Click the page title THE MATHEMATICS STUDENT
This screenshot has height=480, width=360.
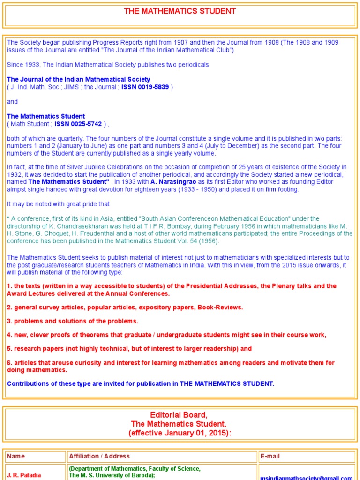180,11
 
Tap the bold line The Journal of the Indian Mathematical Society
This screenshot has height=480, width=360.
78,80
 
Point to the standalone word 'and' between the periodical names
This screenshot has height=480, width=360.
12,102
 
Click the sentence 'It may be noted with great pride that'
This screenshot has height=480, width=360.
58,204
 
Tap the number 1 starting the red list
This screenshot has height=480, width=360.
9,286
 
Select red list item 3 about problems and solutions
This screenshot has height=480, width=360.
73,321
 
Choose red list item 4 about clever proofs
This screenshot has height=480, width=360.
166,335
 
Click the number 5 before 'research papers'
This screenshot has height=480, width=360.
9,349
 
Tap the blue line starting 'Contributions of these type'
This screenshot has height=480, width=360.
141,383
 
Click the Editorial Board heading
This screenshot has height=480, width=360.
178,415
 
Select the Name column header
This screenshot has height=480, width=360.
16,456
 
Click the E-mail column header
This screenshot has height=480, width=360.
270,456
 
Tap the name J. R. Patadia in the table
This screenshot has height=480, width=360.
24,475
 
